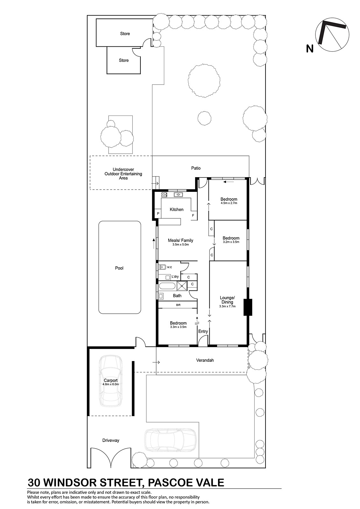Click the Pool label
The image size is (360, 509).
pyautogui.click(x=119, y=268)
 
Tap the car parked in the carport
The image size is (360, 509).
pyautogui.click(x=110, y=381)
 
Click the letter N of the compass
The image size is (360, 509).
pyautogui.click(x=310, y=49)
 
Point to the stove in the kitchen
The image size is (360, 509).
pyautogui.click(x=164, y=194)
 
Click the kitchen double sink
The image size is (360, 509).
pyautogui.click(x=178, y=194)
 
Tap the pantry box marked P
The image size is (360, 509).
pyautogui.click(x=158, y=213)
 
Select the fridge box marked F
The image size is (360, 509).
pyautogui.click(x=193, y=215)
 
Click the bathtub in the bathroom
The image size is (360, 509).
pyautogui.click(x=167, y=286)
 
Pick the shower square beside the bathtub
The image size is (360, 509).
pyautogui.click(x=182, y=286)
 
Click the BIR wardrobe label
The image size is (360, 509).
pyautogui.click(x=178, y=305)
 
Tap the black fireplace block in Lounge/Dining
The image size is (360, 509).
pyautogui.click(x=248, y=307)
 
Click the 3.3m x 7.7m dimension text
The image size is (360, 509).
pyautogui.click(x=227, y=306)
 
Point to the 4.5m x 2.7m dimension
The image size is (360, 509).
pyautogui.click(x=229, y=203)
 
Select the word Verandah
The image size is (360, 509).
pyautogui.click(x=205, y=360)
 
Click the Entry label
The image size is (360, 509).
pyautogui.click(x=203, y=331)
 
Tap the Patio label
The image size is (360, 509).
pyautogui.click(x=196, y=168)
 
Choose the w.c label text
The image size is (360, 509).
pyautogui.click(x=169, y=267)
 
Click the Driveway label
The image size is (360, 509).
pyautogui.click(x=111, y=440)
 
